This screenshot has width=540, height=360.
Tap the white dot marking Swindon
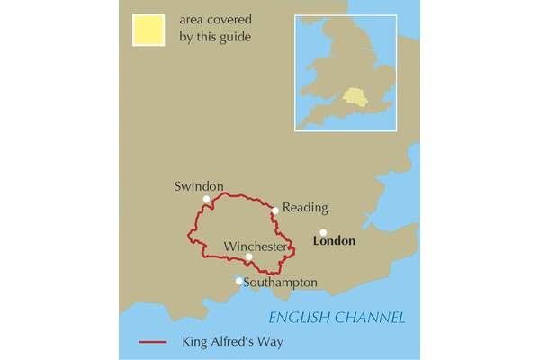click(207, 199)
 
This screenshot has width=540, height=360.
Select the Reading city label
click(305, 208)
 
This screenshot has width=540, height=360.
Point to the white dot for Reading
click(274, 211)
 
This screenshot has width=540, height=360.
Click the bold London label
click(333, 241)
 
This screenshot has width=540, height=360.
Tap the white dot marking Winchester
click(248, 257)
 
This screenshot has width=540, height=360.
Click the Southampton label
click(280, 283)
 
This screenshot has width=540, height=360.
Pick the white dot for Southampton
click(238, 281)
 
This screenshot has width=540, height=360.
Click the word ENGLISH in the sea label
click(301, 318)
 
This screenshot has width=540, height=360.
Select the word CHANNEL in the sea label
click(370, 318)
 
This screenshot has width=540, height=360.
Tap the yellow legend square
click(148, 29)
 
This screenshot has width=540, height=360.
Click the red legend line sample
click(155, 343)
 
